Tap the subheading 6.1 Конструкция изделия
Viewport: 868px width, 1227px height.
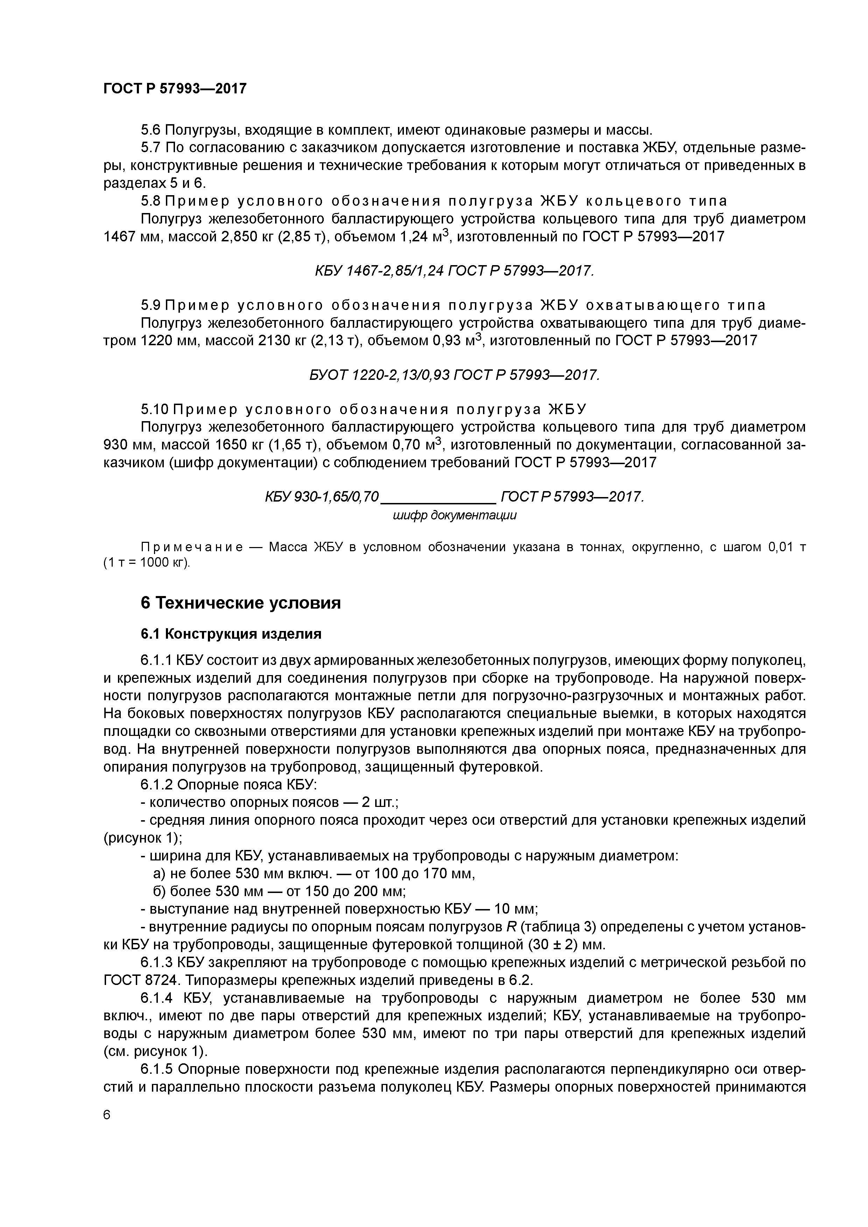tap(231, 634)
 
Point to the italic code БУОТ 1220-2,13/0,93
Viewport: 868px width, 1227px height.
tap(380, 376)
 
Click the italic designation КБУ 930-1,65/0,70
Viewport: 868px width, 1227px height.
tap(321, 497)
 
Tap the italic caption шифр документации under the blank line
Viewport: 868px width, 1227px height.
tap(455, 516)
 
